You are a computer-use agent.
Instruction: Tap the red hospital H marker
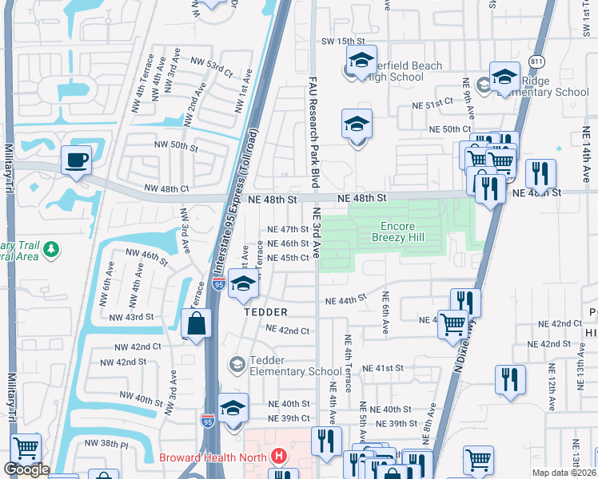(278, 457)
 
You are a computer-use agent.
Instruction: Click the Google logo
(26, 469)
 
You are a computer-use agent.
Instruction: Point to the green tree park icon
(52, 250)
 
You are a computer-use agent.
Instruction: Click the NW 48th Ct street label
(165, 189)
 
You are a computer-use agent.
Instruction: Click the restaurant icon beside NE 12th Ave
(510, 380)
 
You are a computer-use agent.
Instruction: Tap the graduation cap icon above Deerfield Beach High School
(361, 60)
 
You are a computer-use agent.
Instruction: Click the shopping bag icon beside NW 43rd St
(196, 324)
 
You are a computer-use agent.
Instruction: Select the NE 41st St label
(383, 368)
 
